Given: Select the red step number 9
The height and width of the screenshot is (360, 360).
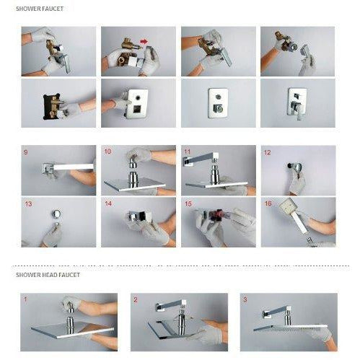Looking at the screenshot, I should click(26, 152).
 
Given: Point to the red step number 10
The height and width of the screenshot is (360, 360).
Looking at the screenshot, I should click(107, 152).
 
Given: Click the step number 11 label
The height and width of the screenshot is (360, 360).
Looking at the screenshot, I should click(188, 152).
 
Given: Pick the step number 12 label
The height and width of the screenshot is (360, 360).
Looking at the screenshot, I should click(268, 152).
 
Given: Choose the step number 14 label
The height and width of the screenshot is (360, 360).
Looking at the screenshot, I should click(107, 204).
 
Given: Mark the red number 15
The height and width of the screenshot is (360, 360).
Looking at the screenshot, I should click(188, 204).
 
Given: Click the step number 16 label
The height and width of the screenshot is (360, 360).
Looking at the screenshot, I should click(268, 204).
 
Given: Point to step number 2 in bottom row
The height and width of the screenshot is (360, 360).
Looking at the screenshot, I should click(134, 298).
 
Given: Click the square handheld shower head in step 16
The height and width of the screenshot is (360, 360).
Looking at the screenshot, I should click(295, 216).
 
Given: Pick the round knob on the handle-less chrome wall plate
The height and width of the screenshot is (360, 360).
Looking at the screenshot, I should click(216, 107).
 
